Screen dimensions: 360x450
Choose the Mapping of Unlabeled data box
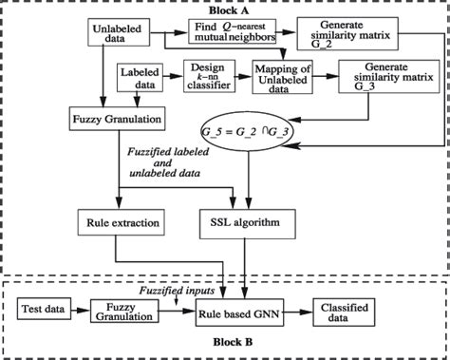point(284,78)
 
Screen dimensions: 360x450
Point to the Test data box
point(47,310)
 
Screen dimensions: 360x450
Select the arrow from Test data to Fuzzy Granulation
point(82,310)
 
